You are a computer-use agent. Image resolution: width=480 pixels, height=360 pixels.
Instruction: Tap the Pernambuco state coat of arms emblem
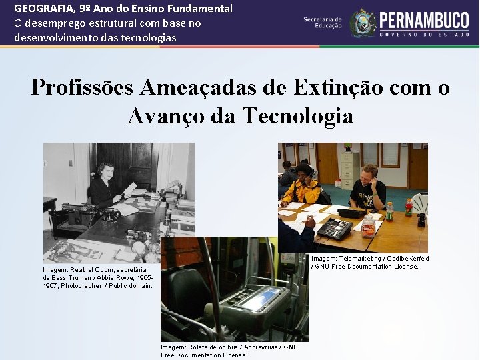[x=363, y=23]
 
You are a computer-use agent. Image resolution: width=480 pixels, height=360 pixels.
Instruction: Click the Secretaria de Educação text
[x=323, y=23]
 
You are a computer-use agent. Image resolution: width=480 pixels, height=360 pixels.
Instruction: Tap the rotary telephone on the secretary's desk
[x=109, y=215]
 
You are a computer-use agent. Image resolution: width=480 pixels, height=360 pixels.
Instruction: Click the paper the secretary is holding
[x=130, y=189]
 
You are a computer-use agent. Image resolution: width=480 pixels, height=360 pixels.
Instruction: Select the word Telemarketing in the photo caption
[x=360, y=259]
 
